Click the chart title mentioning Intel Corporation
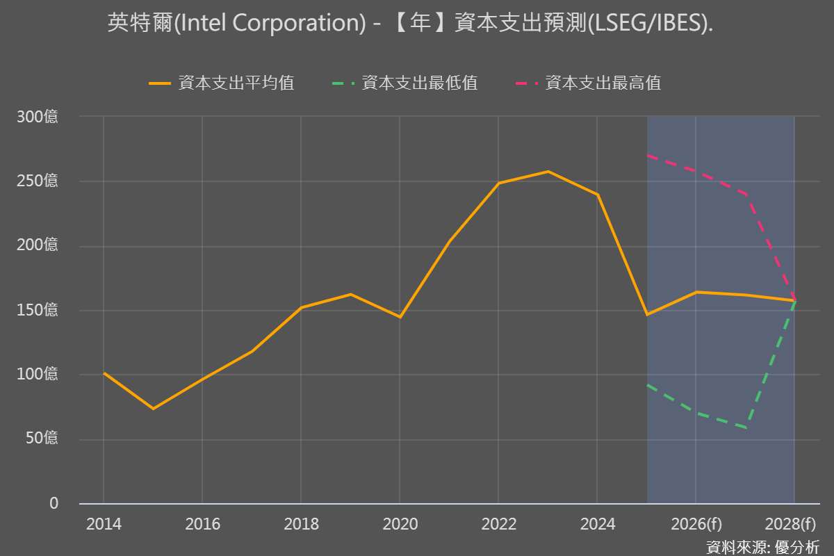(x=410, y=24)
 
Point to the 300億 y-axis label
(x=38, y=117)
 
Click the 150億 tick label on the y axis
(x=38, y=311)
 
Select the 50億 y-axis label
(x=41, y=439)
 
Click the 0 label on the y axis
(x=54, y=503)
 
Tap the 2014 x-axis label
(x=104, y=524)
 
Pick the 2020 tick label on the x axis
(x=400, y=524)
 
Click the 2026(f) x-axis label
(x=696, y=524)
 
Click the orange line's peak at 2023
(x=548, y=171)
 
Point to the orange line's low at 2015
(x=153, y=409)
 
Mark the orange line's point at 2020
(x=400, y=317)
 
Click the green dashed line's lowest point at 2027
(x=745, y=427)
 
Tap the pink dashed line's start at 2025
(x=647, y=155)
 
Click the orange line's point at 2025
(x=647, y=315)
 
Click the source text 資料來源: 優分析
(x=762, y=547)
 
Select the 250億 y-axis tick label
(x=38, y=181)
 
